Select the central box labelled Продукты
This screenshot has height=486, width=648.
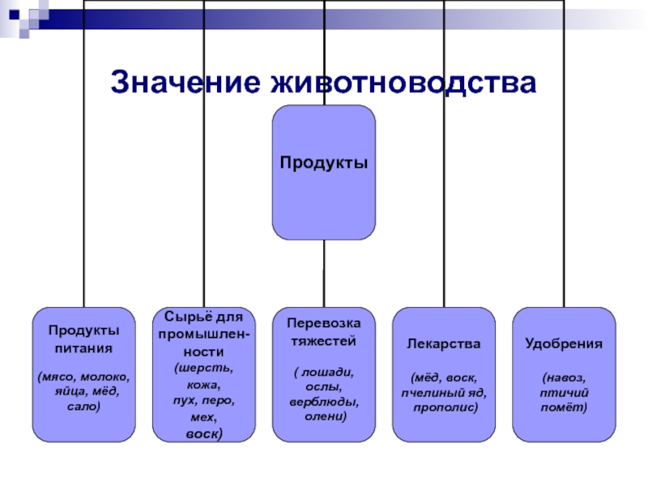click(x=323, y=172)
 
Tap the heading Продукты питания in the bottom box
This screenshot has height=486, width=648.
click(x=83, y=339)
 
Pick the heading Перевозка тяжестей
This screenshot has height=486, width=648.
click(x=323, y=330)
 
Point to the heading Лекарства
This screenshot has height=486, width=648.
click(x=443, y=343)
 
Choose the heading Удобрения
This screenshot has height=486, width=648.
click(x=563, y=343)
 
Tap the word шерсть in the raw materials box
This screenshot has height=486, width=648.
click(x=206, y=367)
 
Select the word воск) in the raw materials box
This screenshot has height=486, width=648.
click(x=203, y=434)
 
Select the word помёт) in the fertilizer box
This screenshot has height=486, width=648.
click(x=563, y=405)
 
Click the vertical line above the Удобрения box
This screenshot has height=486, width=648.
click(x=563, y=162)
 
